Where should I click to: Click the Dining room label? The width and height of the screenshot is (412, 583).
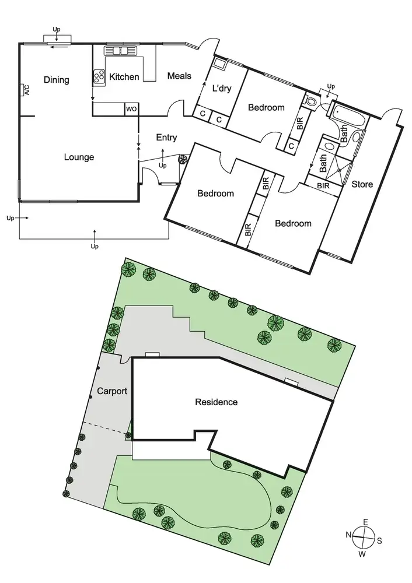point(56,80)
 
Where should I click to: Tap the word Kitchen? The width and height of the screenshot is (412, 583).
point(124,76)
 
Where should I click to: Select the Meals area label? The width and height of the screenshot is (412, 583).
point(179,76)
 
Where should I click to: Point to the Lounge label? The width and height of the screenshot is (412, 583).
point(79,157)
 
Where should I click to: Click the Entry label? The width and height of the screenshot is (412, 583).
point(166,138)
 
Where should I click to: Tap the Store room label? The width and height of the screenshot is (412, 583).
point(362,185)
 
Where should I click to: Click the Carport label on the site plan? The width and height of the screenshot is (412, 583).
point(113,391)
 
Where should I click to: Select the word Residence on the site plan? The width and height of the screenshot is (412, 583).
point(216,402)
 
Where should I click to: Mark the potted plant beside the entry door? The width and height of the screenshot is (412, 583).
point(183,159)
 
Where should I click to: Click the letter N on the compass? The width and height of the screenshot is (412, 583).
point(348,535)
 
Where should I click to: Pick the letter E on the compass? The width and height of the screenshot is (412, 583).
point(365,521)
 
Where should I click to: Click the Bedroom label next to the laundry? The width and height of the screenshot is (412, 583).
point(266,107)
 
